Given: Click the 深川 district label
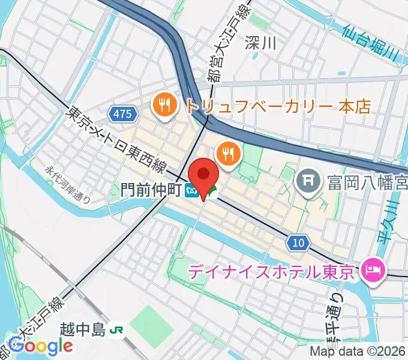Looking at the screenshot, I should coord(261,42).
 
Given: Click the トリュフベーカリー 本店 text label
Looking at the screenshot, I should coord(278,106).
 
